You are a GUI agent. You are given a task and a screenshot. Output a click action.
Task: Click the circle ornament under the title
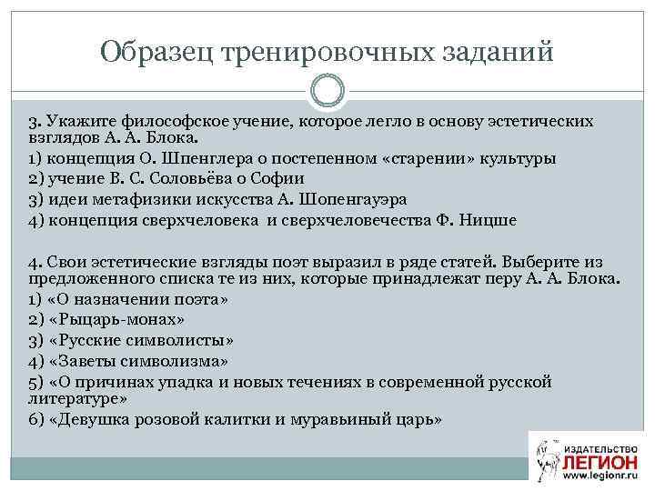[x=327, y=91]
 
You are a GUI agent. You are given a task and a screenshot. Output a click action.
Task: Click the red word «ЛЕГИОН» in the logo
[x=600, y=458]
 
